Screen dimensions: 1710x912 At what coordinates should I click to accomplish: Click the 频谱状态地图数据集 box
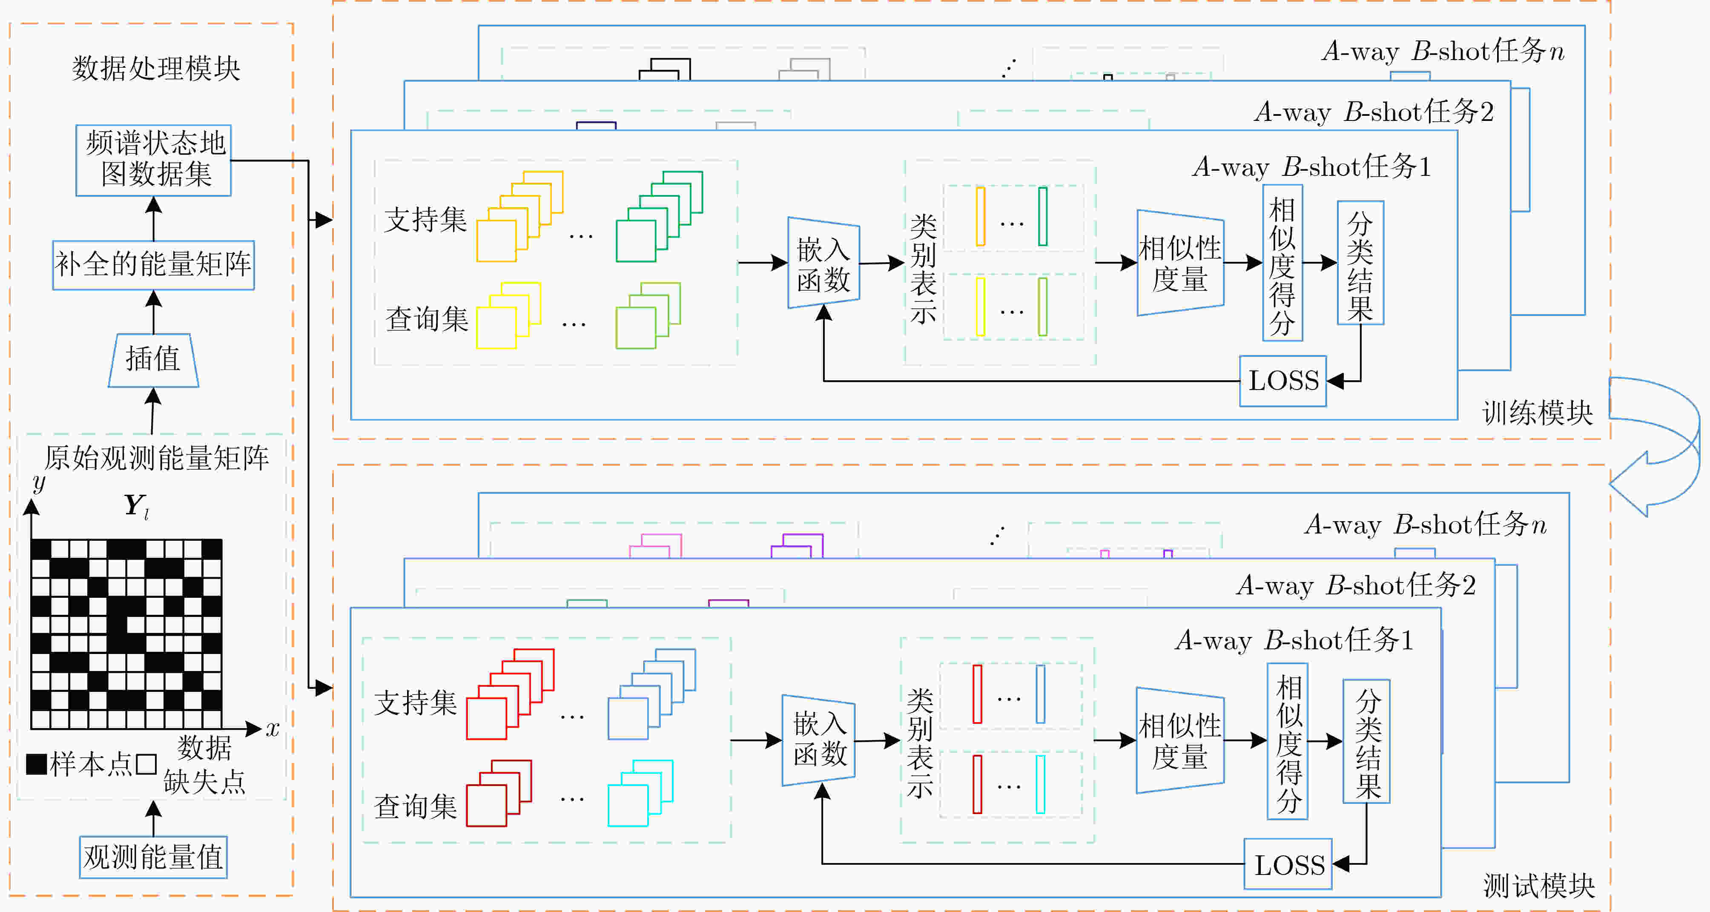(153, 160)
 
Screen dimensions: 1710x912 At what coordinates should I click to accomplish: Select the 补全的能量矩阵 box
(153, 265)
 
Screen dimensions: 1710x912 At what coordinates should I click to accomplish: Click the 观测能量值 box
(153, 857)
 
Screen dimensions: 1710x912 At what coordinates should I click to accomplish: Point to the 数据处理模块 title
(156, 69)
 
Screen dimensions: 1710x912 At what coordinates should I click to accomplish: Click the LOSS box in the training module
(1283, 381)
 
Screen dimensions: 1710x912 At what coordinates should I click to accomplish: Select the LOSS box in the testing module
(1288, 864)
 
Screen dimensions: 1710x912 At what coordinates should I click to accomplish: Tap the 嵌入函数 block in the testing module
(818, 740)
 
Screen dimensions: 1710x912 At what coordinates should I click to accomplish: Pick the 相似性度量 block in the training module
(1180, 263)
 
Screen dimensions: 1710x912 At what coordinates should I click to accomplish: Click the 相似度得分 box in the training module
(1282, 263)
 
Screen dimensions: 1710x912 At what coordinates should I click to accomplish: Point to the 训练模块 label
(1538, 413)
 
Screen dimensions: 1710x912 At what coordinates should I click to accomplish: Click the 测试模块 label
(1539, 886)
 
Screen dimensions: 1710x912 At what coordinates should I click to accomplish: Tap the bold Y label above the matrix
(137, 506)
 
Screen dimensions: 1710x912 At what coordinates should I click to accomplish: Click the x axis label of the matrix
(272, 729)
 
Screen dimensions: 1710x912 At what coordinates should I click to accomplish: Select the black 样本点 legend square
(37, 765)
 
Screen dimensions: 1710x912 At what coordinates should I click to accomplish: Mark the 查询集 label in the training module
(427, 319)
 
